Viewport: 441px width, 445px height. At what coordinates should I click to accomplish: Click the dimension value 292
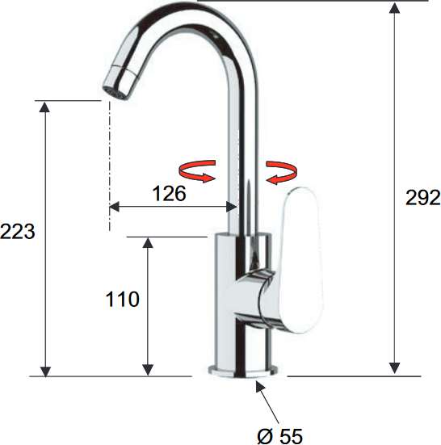(423, 197)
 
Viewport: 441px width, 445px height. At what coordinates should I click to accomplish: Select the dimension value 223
(18, 231)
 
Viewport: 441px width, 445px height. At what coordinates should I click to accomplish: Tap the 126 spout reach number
(169, 194)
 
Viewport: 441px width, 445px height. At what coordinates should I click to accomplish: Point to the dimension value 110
(122, 299)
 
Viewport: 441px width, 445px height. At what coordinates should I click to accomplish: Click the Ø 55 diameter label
(279, 436)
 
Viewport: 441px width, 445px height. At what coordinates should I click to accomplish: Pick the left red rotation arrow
(197, 171)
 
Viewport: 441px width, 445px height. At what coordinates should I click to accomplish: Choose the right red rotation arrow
(282, 173)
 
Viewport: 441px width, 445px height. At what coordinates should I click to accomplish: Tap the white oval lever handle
(301, 260)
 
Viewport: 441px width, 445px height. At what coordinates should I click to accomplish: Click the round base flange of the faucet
(243, 372)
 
